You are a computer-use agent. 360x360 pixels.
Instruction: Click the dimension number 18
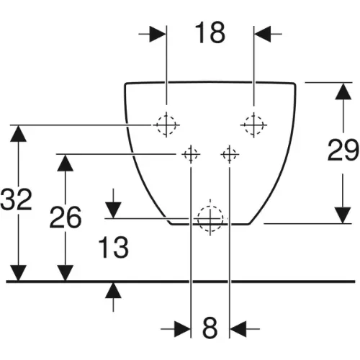coord(210,33)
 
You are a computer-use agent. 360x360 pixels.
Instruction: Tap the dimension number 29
coord(343,150)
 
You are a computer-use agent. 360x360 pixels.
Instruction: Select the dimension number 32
coord(16,199)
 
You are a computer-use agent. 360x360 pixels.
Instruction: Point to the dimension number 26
coord(66,217)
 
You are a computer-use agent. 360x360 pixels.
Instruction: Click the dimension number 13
coord(113,248)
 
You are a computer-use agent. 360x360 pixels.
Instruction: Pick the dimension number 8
coord(210,328)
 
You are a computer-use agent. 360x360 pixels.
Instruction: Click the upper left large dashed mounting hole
coord(166,125)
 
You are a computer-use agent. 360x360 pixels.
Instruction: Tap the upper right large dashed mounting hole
coord(253,125)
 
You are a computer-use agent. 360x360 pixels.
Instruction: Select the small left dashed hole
coord(191,154)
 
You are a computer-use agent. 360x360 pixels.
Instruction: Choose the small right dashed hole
coord(230,154)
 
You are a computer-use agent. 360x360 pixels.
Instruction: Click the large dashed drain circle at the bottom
coord(210,219)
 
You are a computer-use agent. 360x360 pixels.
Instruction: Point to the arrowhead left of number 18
coord(158,34)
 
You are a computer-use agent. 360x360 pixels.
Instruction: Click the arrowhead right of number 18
coord(263,34)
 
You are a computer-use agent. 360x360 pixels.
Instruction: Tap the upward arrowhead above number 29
coord(343,91)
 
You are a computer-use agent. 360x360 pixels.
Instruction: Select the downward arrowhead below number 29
coord(343,215)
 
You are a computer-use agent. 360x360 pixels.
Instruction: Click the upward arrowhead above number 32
coord(18,133)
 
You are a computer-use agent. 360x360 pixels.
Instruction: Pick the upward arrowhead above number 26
coord(66,163)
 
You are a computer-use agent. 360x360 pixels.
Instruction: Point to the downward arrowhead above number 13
coord(113,210)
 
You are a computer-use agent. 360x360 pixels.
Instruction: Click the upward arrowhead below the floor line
coord(113,291)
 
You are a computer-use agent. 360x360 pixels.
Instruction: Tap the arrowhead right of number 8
coord(238,328)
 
